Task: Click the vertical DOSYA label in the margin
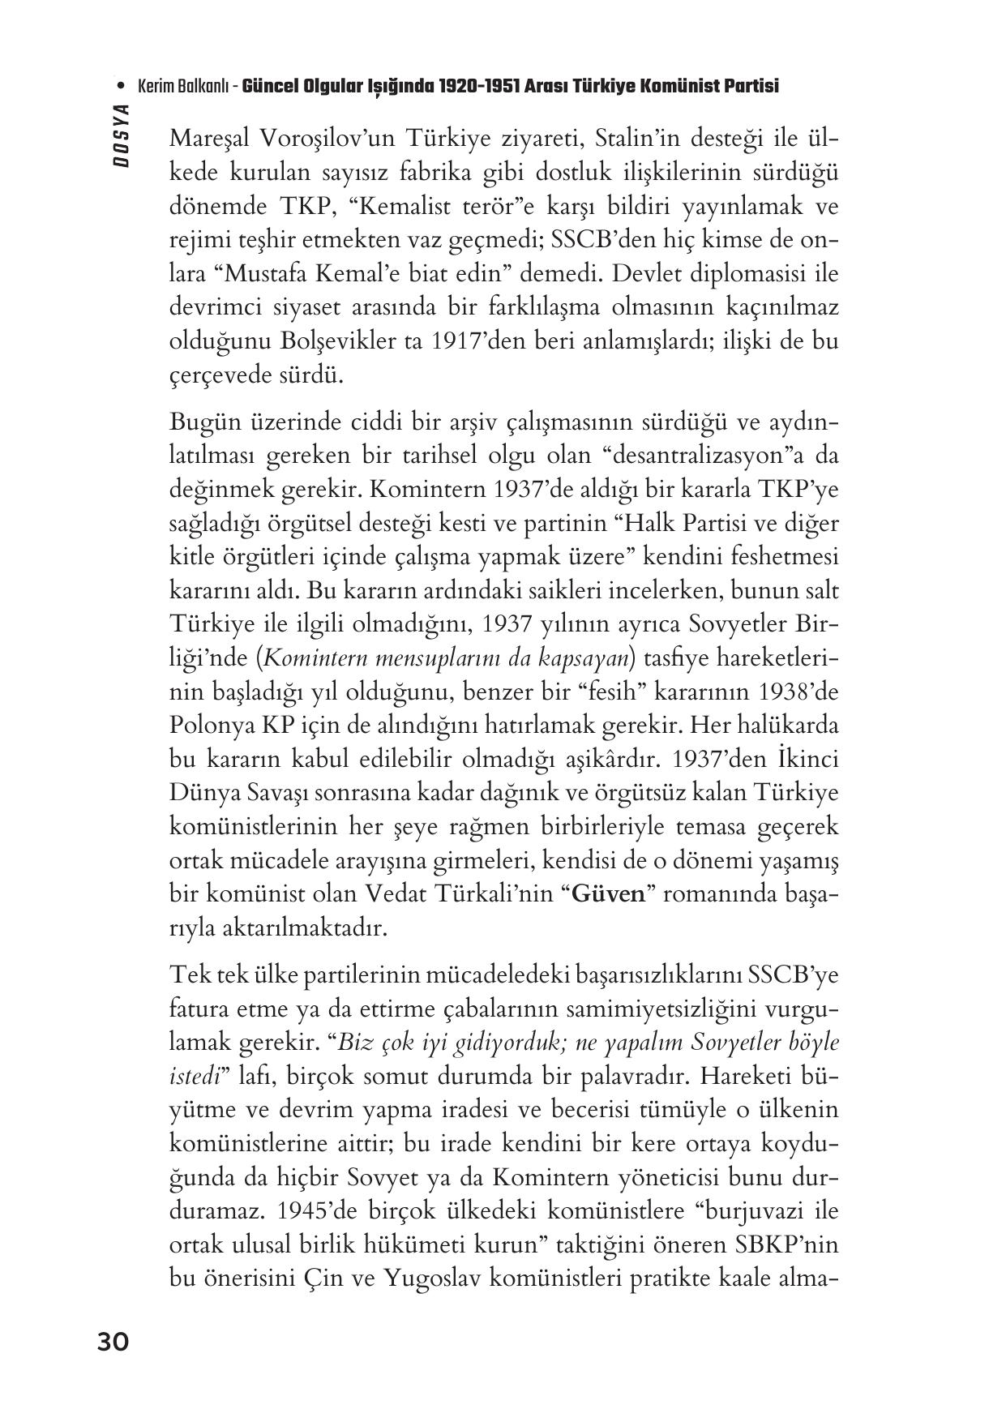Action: click(x=122, y=136)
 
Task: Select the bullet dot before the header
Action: click(x=121, y=86)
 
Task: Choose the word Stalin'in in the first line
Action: click(x=633, y=139)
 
